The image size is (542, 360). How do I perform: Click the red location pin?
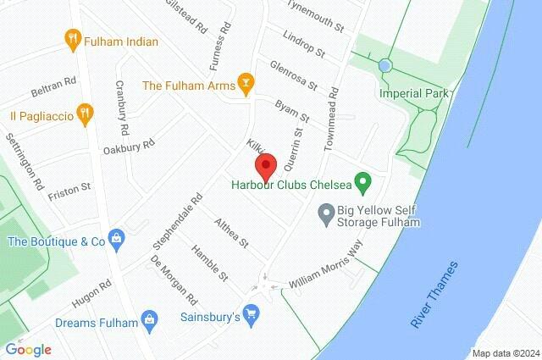(266, 164)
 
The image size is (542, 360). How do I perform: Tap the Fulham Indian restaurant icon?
(72, 37)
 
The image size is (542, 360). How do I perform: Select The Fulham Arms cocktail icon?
(246, 84)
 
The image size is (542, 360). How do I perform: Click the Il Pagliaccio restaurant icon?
(84, 113)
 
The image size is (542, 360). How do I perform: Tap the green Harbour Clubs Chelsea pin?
(363, 181)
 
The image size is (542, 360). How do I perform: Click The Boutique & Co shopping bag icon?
(117, 241)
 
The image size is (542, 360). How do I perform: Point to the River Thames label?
(434, 295)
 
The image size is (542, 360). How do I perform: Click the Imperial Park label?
(415, 93)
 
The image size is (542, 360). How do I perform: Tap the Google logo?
(28, 348)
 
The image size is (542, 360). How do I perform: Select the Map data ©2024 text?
(505, 353)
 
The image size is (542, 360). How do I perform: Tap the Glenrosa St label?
(292, 75)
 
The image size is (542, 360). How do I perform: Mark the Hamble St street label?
(210, 263)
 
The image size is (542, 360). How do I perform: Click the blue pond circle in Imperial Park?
(385, 65)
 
